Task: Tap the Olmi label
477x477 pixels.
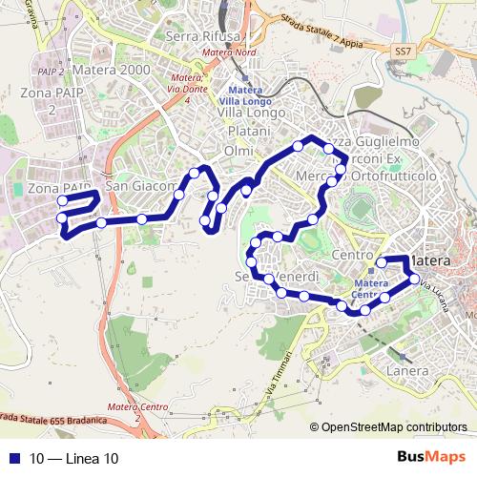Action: (238, 151)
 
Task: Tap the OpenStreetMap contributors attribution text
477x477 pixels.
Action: (393, 428)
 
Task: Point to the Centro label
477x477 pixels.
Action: (354, 255)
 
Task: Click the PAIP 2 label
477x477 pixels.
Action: (51, 71)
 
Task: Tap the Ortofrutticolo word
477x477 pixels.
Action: (393, 176)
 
